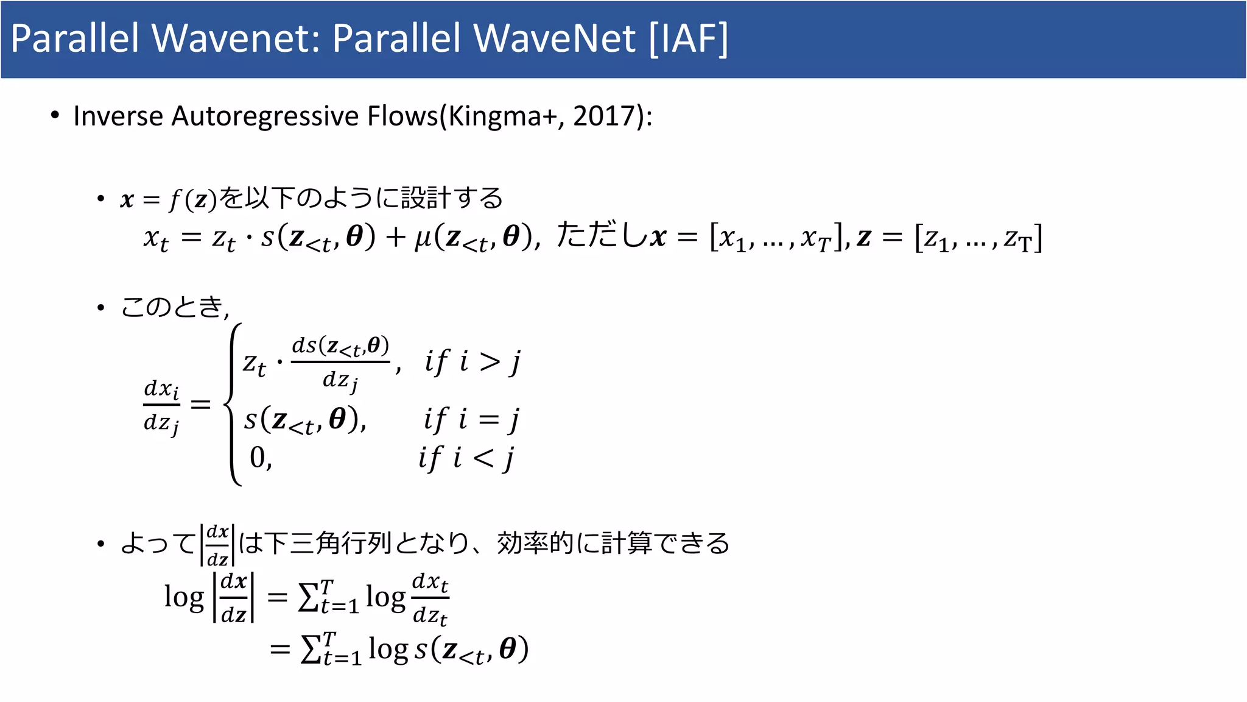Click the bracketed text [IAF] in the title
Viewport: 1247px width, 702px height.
click(688, 39)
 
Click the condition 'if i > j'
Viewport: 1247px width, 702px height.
click(472, 362)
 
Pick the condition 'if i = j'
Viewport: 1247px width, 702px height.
click(471, 420)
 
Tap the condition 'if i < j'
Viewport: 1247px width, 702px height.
click(466, 458)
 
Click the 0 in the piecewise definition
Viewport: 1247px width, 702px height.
click(258, 458)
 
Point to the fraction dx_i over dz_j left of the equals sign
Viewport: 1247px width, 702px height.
click(161, 405)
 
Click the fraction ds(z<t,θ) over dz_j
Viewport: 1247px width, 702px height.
click(340, 363)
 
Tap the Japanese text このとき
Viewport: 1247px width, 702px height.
click(172, 307)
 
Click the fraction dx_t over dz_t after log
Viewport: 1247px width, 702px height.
click(430, 598)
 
